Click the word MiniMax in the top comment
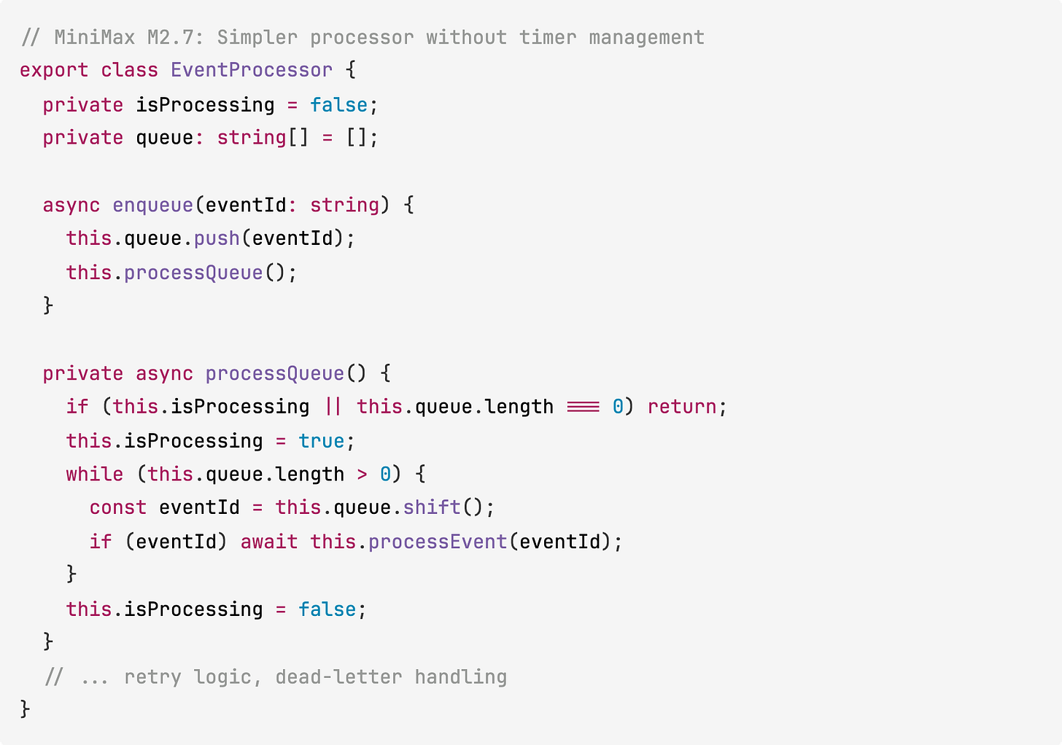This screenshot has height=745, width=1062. [x=94, y=37]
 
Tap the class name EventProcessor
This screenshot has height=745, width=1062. [x=252, y=71]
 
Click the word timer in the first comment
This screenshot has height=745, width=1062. [x=548, y=37]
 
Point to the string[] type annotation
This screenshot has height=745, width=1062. [x=263, y=138]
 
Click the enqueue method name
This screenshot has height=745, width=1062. [x=152, y=206]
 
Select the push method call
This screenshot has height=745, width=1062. [x=217, y=239]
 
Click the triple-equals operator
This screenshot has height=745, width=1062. [x=583, y=407]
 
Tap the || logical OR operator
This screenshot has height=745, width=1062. [x=333, y=407]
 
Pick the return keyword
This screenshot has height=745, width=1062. [x=682, y=407]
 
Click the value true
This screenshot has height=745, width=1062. [x=321, y=441]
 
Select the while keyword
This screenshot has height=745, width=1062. [x=95, y=475]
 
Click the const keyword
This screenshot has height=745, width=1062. [x=118, y=508]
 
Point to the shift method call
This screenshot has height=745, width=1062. [x=432, y=508]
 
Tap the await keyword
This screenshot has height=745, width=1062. [x=269, y=542]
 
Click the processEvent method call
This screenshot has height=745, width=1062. [x=438, y=542]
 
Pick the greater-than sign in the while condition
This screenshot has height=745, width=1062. [x=363, y=475]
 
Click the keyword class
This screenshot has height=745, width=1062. [x=129, y=71]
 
